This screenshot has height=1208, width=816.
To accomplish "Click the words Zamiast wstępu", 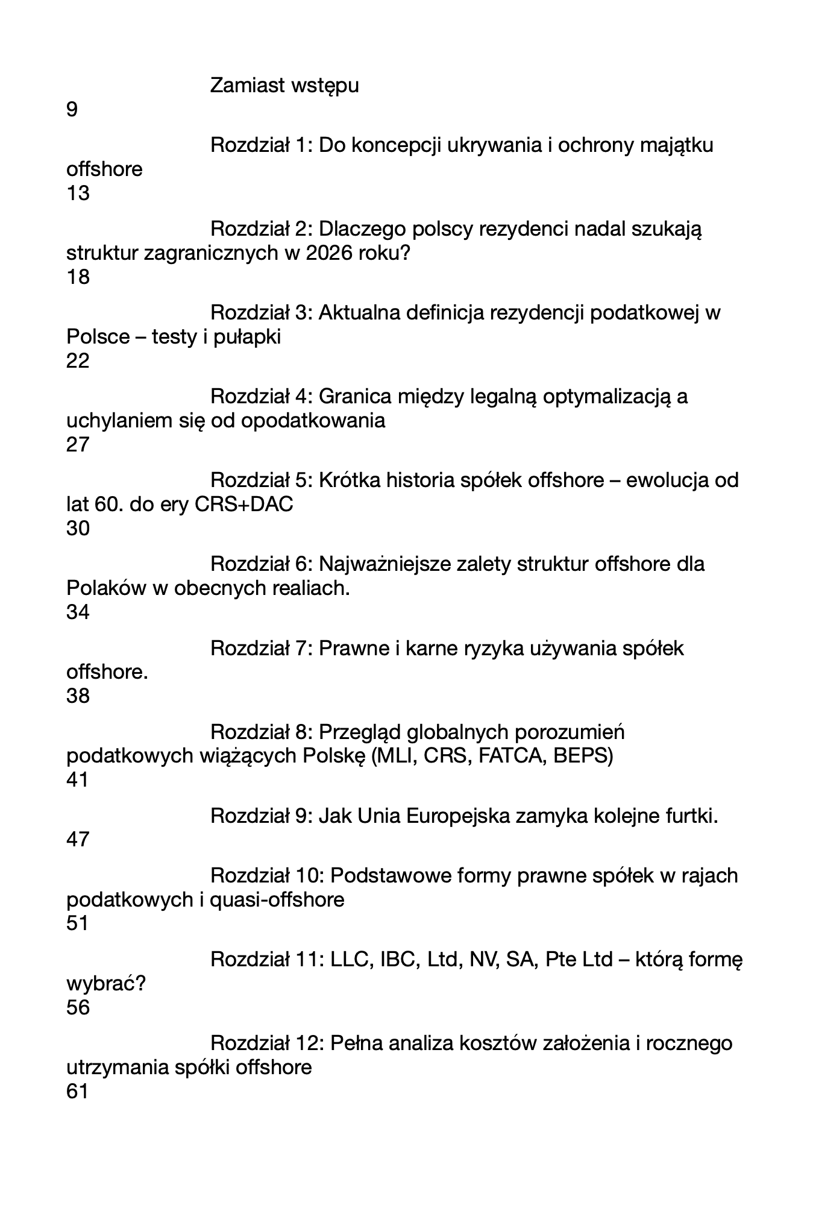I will (x=284, y=86).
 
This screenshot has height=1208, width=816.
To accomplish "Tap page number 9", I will (x=72, y=110).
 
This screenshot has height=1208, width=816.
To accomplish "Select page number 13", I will (x=78, y=193).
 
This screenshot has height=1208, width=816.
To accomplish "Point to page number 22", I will (x=78, y=361).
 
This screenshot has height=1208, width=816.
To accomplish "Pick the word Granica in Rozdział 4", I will (x=352, y=397).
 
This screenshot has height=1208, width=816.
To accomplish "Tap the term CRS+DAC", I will (x=244, y=505).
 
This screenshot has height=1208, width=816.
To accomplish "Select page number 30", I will (x=78, y=529).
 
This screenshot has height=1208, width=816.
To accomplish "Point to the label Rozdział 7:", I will (x=261, y=649).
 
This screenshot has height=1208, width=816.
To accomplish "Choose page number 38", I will (x=78, y=696).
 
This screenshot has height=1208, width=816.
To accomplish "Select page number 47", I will (x=78, y=840).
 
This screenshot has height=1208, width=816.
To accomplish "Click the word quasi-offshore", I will (x=277, y=900).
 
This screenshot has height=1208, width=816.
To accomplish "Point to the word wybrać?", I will (x=106, y=984).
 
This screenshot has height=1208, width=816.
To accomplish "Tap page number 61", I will (x=77, y=1091).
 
